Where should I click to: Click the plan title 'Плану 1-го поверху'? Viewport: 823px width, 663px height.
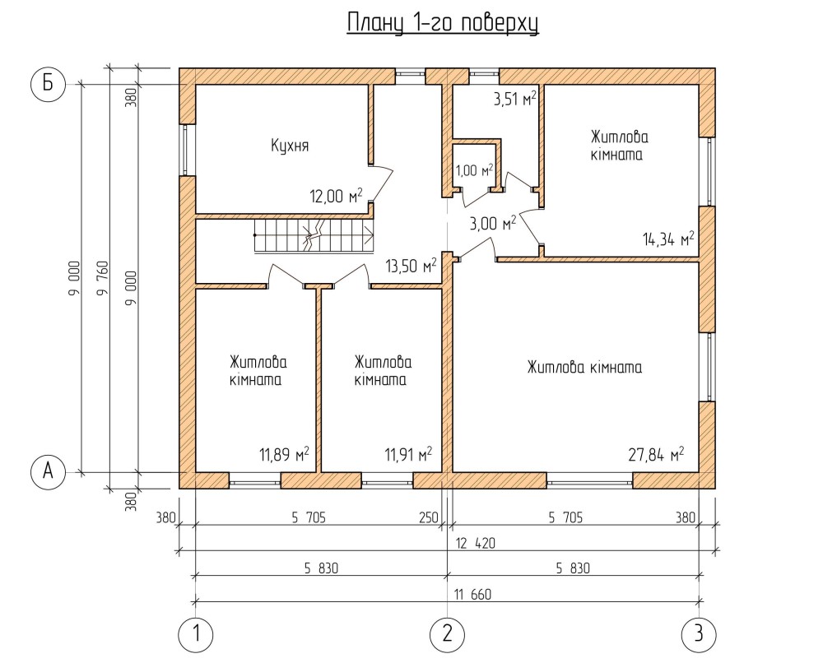(442, 22)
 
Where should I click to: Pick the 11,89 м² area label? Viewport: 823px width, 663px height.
(284, 454)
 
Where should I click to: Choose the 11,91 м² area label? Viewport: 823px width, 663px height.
(408, 454)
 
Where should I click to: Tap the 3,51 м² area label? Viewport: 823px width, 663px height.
(514, 100)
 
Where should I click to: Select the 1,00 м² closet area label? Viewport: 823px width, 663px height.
(474, 170)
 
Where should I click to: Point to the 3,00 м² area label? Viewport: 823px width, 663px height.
(492, 222)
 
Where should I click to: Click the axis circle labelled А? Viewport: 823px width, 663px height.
(48, 472)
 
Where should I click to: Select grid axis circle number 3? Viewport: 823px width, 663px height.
(699, 633)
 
